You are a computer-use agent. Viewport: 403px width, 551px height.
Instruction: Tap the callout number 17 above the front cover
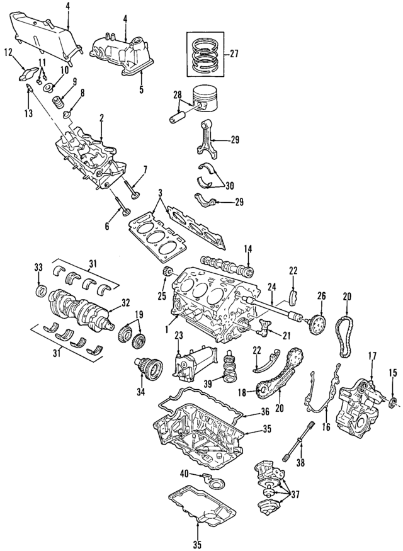pyautogui.click(x=371, y=356)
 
